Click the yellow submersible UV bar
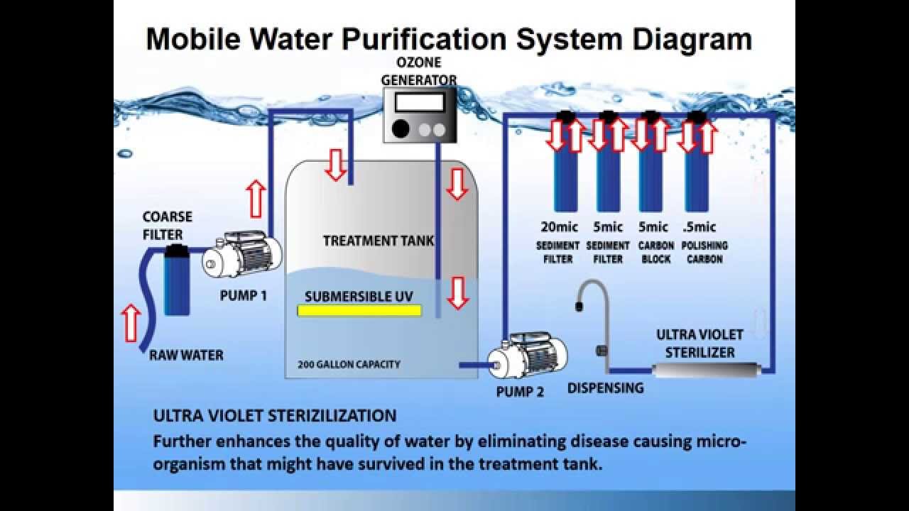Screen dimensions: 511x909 point(359,310)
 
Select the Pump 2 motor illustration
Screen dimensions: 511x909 point(528,356)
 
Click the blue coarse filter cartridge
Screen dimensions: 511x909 point(176,280)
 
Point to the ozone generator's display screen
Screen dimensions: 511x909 point(419,103)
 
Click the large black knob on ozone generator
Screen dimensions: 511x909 point(401,129)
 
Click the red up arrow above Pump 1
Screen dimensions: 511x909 point(256,198)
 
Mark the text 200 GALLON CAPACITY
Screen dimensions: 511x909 point(349,365)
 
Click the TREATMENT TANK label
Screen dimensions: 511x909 point(379,241)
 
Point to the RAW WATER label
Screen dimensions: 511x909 point(186,355)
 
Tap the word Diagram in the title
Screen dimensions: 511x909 point(687,39)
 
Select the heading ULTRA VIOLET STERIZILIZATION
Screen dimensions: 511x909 point(275,415)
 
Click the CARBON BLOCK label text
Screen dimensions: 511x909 point(656,252)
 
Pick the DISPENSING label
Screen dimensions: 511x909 point(605,388)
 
